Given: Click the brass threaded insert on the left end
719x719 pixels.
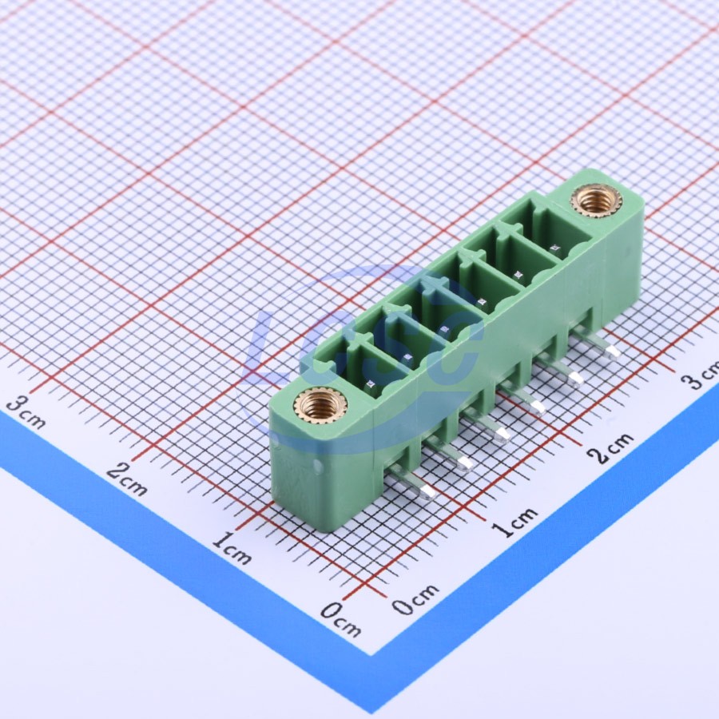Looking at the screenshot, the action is tap(320, 404).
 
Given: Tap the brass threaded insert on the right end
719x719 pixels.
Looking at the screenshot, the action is tap(596, 201).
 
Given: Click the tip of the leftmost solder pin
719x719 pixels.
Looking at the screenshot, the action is tap(428, 492).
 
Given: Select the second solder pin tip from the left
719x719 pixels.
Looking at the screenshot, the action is tap(464, 463).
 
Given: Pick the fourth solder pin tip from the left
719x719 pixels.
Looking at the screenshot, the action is tap(537, 407).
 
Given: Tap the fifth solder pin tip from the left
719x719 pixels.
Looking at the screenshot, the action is tap(574, 379).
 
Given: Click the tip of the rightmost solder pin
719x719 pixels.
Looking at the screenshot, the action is tap(612, 352).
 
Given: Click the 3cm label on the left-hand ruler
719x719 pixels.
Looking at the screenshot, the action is tap(26, 411).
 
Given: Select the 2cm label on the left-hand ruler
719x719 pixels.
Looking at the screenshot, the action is tap(126, 479).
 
